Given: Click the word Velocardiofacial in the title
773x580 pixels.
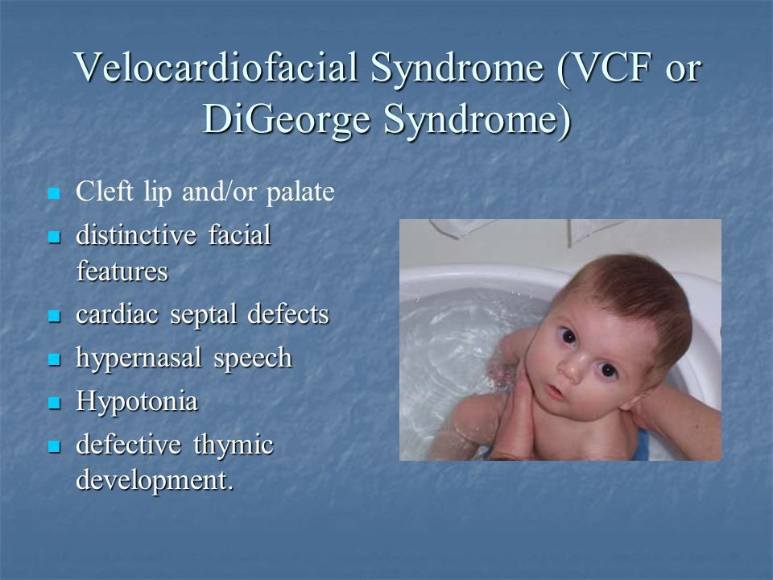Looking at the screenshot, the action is pos(216,68).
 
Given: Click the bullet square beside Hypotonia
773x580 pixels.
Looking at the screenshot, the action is pos(54,403).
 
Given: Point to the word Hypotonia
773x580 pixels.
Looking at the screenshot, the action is pos(137,401).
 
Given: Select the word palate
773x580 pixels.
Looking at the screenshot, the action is pos(300,193).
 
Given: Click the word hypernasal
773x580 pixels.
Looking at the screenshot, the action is pos(138,358).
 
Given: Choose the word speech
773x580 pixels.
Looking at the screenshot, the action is pos(253,358).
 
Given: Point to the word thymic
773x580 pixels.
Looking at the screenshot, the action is pos(234,445).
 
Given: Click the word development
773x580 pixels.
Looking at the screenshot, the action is pos(155,481).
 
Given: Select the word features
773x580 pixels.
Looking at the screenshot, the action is pos(122,271).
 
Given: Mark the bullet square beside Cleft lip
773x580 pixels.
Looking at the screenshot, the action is pos(54,193).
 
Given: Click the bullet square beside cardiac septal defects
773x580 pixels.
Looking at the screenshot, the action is pos(54,316).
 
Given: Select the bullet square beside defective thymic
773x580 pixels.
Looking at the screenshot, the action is pos(54,447).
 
